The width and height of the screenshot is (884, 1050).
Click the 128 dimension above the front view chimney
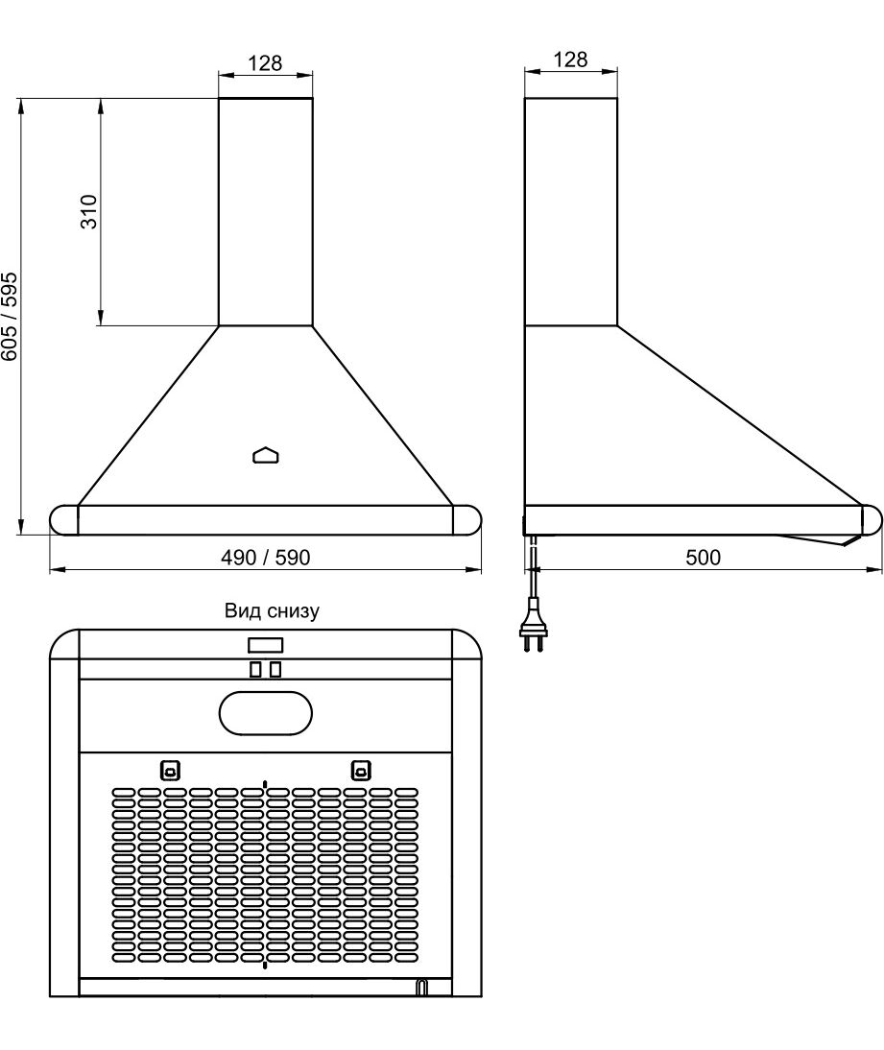(x=265, y=63)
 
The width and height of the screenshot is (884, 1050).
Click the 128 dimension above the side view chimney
(x=570, y=60)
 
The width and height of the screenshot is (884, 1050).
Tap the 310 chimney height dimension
(x=89, y=211)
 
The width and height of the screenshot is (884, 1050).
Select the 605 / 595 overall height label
(x=10, y=316)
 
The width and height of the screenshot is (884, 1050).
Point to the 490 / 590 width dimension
(x=265, y=557)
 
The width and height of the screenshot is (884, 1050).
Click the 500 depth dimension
(x=704, y=557)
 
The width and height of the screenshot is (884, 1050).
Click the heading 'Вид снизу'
(x=272, y=610)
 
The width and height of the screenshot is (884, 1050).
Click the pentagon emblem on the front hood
(x=266, y=455)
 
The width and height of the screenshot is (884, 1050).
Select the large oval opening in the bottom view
(x=266, y=714)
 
